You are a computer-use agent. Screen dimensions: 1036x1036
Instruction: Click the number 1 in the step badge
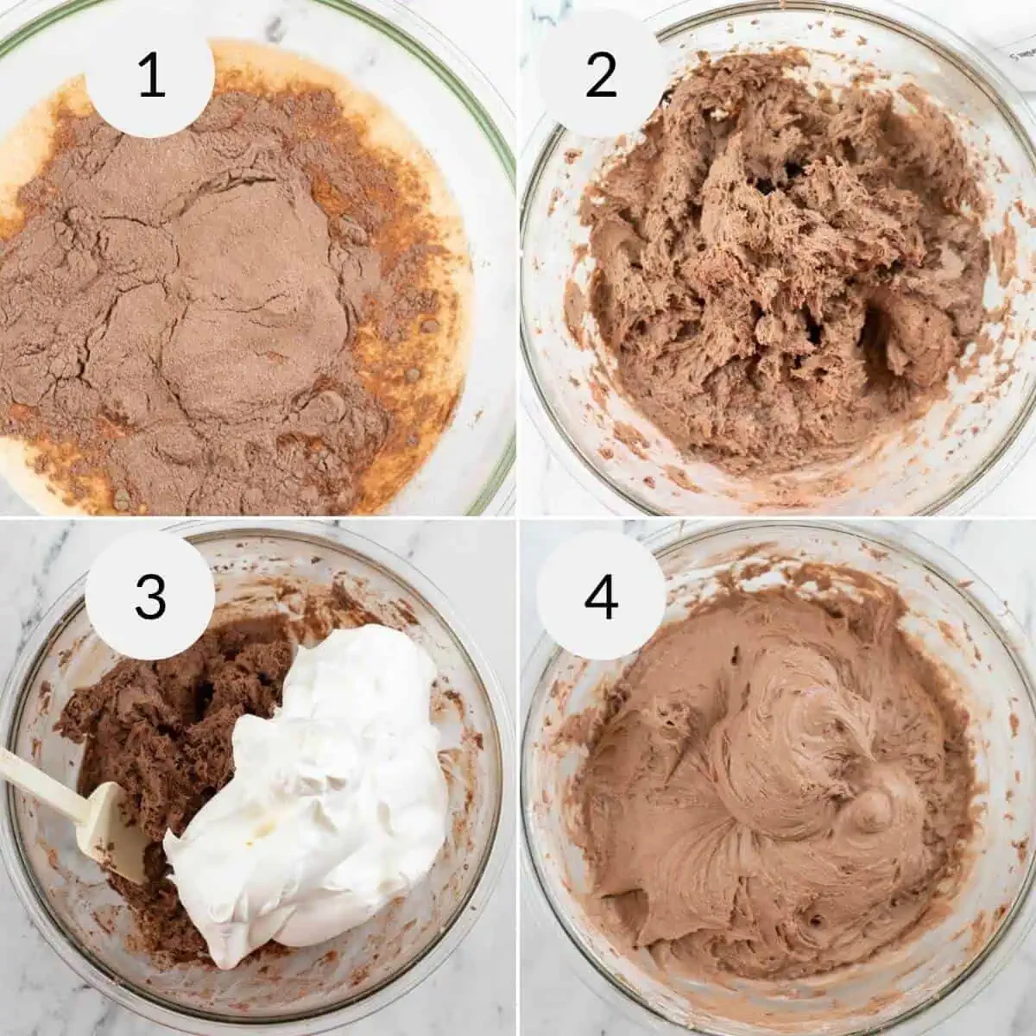point(151,75)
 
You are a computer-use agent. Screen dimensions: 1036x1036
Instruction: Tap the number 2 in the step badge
point(602,75)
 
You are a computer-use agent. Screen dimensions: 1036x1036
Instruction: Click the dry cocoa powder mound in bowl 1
point(216,285)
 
